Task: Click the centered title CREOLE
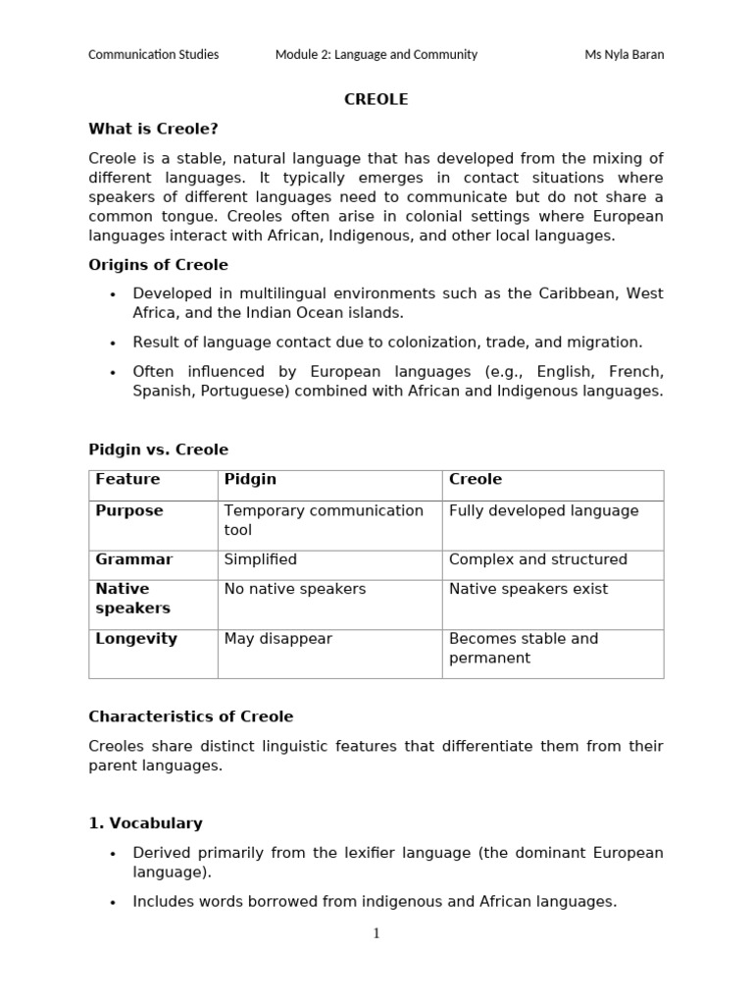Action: click(x=376, y=99)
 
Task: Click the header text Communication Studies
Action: click(x=154, y=54)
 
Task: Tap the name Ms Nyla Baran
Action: click(x=624, y=54)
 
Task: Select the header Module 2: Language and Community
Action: click(x=376, y=54)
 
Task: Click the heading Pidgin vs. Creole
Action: click(x=158, y=450)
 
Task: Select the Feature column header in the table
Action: click(x=127, y=480)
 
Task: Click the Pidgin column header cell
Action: click(x=250, y=480)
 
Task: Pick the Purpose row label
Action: click(x=129, y=511)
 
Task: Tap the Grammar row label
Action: click(x=133, y=559)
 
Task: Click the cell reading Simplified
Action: click(x=261, y=559)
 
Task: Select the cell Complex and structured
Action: click(x=537, y=559)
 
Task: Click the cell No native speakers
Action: click(x=295, y=589)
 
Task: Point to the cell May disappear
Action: click(x=278, y=639)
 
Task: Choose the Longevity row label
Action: click(x=136, y=639)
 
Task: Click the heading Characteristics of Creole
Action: click(x=190, y=716)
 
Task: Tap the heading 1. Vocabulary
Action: click(x=145, y=823)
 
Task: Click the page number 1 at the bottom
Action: click(x=376, y=933)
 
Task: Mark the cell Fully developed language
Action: click(x=543, y=511)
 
